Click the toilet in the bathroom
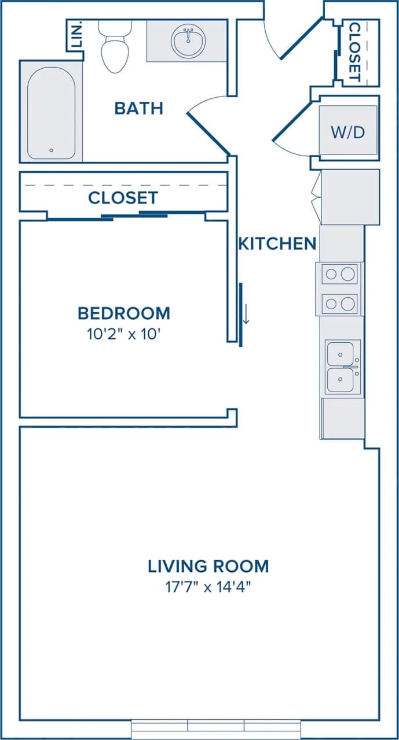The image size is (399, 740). pos(115,49)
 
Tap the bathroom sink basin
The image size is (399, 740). pos(188,40)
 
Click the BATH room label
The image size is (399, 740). pos(138,108)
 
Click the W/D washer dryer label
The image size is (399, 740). pos(348,132)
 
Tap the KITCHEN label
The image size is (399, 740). pos(277,243)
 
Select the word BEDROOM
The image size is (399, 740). pos(124,313)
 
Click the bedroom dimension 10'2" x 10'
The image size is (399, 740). pos(124,334)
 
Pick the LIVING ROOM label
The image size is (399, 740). pos(208,565)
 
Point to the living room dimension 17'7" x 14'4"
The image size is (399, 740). pos(208,587)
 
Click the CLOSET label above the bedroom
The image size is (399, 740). pos(123,198)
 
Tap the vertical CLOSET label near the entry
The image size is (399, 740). pos(354,52)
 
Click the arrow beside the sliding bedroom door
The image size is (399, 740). pos(246,313)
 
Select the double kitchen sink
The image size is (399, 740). pos(343,367)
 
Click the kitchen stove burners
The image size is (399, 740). pos(340,288)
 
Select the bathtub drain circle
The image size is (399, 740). pos(51,150)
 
